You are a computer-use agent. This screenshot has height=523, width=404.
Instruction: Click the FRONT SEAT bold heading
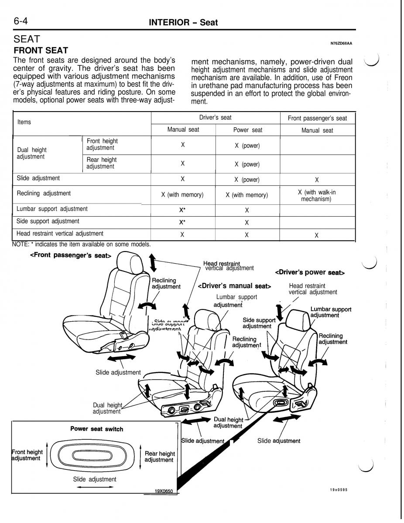tap(41, 51)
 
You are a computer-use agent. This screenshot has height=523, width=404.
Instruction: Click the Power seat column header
tap(248, 130)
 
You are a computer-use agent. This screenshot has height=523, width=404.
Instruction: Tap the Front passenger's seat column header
tap(317, 119)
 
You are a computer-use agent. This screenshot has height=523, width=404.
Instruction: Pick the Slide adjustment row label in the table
tap(38, 178)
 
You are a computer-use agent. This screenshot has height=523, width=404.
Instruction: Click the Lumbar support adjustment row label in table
tap(52, 209)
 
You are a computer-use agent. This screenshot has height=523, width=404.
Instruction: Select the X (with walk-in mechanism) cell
tap(317, 196)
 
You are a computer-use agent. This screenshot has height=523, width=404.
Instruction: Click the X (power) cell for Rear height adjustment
tap(247, 164)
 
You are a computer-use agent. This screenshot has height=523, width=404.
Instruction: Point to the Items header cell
tap(24, 122)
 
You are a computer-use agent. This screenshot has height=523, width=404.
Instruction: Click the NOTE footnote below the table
tap(82, 244)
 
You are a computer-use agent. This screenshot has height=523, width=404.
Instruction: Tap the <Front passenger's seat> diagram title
tap(70, 255)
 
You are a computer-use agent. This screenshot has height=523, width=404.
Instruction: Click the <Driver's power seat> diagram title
tap(310, 272)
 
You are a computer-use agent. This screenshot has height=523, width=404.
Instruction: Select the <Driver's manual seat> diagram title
tap(234, 286)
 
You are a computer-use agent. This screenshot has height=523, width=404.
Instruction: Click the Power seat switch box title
tap(96, 429)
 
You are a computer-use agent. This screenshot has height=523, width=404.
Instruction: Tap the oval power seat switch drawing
tap(93, 456)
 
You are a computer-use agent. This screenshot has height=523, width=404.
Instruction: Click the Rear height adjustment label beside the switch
tap(159, 457)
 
